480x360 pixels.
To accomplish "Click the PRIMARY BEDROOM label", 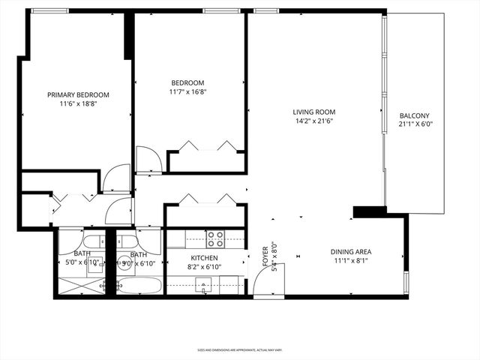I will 78,94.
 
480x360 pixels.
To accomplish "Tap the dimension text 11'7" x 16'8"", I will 187,92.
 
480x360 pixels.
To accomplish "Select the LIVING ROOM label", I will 313,112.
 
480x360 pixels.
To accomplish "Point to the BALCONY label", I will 415,115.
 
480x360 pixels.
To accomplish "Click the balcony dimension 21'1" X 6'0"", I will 415,125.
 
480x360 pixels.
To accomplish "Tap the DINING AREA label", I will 351,252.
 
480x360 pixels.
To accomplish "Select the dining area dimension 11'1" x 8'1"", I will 351,262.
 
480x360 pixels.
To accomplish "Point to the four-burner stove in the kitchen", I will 216,238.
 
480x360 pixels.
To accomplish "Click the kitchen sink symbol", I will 203,284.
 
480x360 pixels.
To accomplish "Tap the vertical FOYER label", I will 265,257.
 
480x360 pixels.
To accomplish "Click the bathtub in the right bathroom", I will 139,286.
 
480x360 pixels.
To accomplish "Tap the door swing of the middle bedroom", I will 148,160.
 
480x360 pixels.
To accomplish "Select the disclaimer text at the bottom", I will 239,349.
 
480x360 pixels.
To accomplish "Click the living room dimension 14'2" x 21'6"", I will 313,121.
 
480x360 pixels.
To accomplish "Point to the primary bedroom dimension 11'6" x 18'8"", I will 78,104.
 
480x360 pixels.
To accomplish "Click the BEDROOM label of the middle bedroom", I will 187,82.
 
